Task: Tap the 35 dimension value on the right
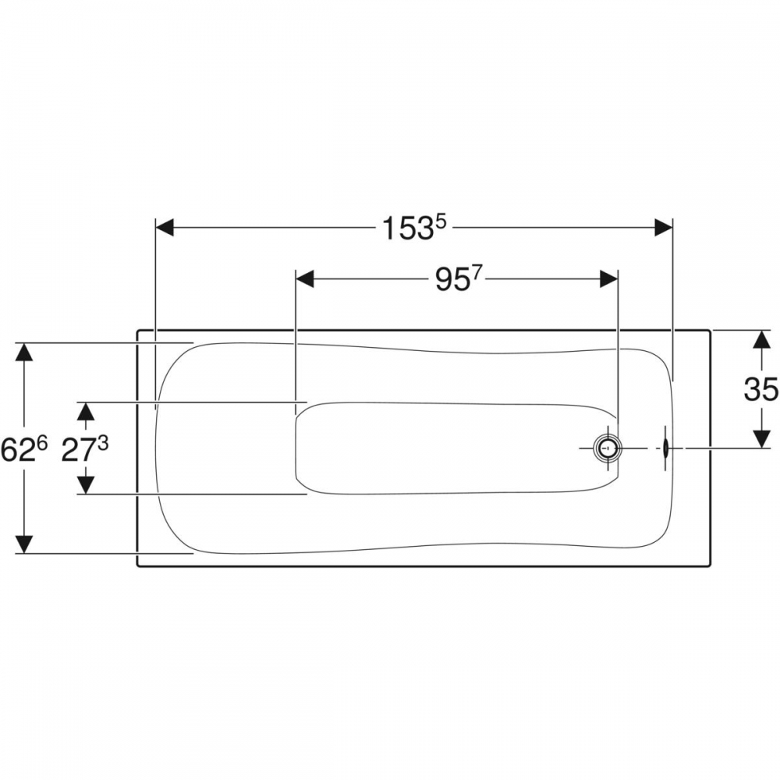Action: pyautogui.click(x=761, y=389)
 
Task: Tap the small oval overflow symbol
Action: pyautogui.click(x=665, y=448)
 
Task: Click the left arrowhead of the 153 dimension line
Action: pyautogui.click(x=165, y=228)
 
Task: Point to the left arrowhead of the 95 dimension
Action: pyautogui.click(x=305, y=279)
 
